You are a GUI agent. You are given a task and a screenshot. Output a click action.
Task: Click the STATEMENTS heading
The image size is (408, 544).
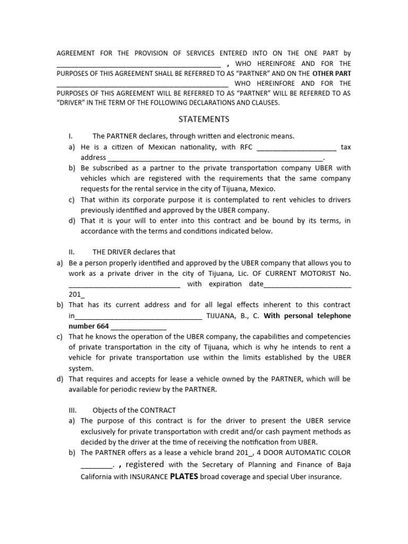click(x=204, y=119)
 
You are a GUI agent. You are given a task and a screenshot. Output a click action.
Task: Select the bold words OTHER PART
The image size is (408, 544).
click(x=331, y=73)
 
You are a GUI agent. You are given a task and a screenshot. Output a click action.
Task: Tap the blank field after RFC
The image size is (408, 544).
click(x=296, y=147)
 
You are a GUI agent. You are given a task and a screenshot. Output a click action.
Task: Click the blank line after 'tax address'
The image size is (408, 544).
click(x=215, y=158)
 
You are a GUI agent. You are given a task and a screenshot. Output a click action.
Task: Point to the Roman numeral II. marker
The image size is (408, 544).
click(x=73, y=252)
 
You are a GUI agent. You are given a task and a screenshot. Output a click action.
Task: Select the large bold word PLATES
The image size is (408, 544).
click(x=184, y=476)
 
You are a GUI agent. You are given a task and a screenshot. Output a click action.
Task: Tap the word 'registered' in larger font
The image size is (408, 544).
click(x=144, y=464)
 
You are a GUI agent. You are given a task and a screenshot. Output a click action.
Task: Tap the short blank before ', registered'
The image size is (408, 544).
click(x=96, y=465)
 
